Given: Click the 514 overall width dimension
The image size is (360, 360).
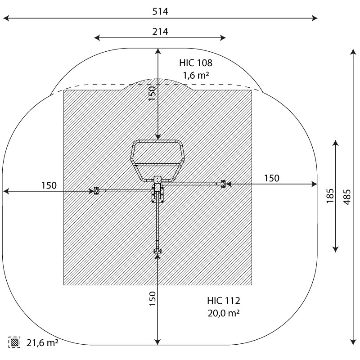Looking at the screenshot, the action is pyautogui.click(x=160, y=12).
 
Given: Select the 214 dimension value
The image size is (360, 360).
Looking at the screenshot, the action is pyautogui.click(x=160, y=31).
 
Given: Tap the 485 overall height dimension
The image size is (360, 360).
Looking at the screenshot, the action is pyautogui.click(x=347, y=197).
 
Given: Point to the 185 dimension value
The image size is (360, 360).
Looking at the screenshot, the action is pyautogui.click(x=330, y=196).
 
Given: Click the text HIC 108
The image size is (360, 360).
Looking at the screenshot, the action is pyautogui.click(x=196, y=63).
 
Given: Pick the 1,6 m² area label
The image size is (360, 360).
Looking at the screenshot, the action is pyautogui.click(x=196, y=75).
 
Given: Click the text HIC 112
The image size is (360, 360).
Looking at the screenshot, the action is pyautogui.click(x=223, y=301).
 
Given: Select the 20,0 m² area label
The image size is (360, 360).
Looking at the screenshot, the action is pyautogui.click(x=224, y=313).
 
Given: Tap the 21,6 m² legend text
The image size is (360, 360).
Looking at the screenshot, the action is pyautogui.click(x=42, y=343).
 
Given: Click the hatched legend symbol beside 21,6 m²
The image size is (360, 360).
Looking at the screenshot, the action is pyautogui.click(x=14, y=342).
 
